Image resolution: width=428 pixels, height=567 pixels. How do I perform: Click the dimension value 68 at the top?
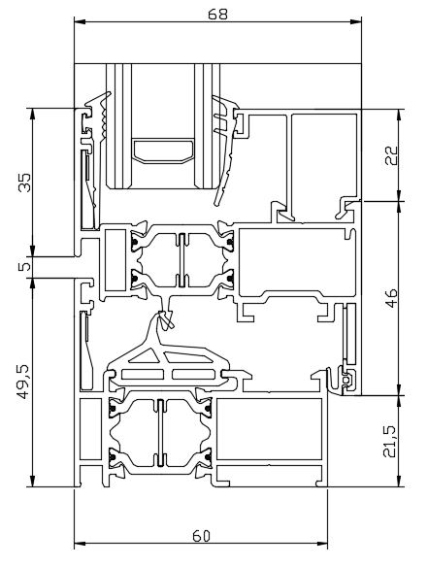point(218,14)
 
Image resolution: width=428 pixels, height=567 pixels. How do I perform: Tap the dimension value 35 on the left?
point(25,183)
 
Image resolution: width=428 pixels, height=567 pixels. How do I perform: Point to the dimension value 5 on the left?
point(24,267)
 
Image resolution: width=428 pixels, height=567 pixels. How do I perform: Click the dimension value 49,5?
point(25,383)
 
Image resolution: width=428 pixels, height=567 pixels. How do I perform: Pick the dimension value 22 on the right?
point(391,155)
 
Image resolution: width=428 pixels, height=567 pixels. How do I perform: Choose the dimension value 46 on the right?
point(391,298)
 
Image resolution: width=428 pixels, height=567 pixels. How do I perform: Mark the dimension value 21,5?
point(391,442)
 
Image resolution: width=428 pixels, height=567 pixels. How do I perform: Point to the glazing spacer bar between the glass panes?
point(163,150)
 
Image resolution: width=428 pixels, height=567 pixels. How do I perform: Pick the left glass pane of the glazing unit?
point(119,126)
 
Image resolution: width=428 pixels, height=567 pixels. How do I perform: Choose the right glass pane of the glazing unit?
point(207,126)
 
